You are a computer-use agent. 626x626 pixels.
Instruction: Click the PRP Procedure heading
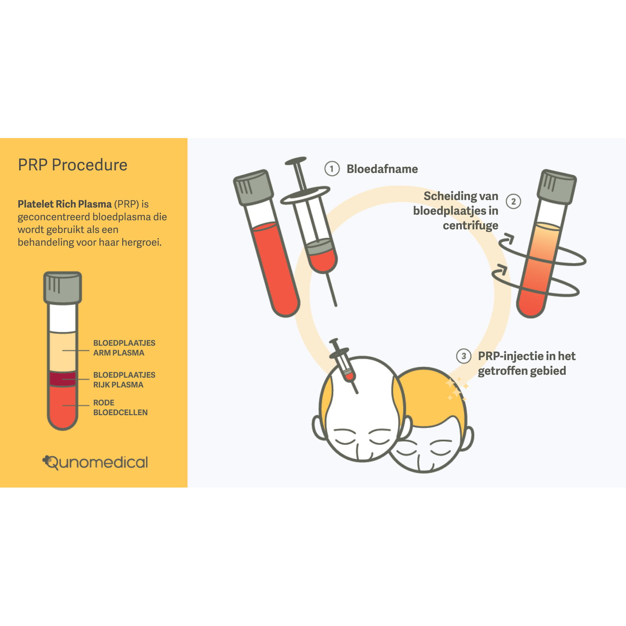coord(73,165)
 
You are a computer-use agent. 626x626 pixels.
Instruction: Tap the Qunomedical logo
coord(95,463)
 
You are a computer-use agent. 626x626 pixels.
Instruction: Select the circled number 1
coord(332,169)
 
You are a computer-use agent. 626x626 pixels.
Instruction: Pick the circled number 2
coord(513,201)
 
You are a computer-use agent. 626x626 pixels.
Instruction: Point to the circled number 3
coord(464,356)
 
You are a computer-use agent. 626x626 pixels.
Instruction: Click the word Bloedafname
coord(382,169)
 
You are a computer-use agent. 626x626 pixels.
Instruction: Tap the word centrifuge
coord(470,225)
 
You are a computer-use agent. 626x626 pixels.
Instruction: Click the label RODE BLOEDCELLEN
coord(120,408)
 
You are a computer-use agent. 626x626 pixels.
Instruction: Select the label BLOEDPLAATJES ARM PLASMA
coord(124,348)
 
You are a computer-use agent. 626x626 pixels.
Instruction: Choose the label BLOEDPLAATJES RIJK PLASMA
coord(124,380)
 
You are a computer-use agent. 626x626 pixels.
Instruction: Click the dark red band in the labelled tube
coord(63,379)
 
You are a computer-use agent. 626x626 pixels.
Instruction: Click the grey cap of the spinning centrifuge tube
coord(556,187)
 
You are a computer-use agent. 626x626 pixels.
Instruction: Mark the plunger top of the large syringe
coord(296,161)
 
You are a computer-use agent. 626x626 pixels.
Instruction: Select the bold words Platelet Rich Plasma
coord(65,204)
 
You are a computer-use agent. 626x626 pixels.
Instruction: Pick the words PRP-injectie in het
coord(526,356)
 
